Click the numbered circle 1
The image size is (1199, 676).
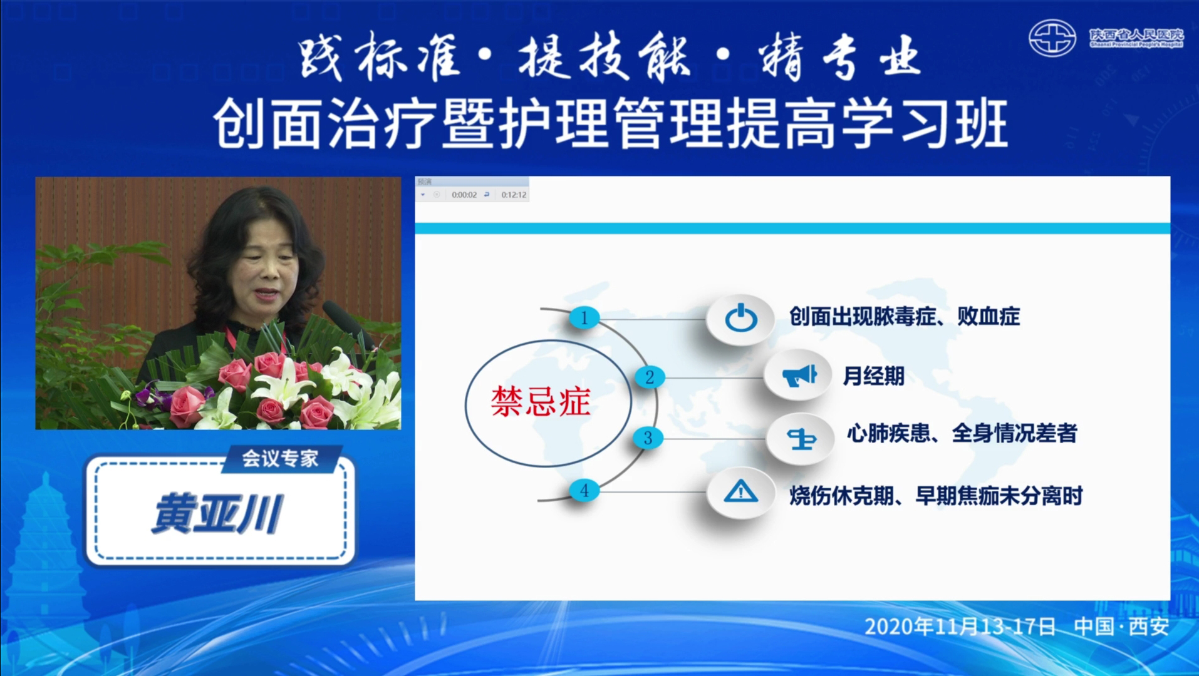coord(584,317)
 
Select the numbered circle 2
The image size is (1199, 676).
coord(650,377)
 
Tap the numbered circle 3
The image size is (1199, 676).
coord(648,438)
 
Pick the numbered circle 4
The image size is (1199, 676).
coord(584,490)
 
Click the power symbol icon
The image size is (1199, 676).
coord(740,318)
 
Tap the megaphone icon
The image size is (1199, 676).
coord(799,376)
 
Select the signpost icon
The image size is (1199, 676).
coord(802,439)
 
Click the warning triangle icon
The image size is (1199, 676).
coord(740,491)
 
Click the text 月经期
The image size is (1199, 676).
coord(874,376)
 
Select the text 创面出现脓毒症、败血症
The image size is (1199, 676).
coord(905,317)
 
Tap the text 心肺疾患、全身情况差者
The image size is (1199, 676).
coord(962,433)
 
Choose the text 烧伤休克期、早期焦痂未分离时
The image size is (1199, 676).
coord(936,496)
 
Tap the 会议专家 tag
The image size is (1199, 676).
coord(280,459)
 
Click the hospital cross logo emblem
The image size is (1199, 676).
coord(1052,38)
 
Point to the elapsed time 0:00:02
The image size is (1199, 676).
coord(464,195)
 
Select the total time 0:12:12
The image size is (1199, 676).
coord(514,195)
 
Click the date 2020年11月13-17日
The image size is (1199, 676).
coord(960,626)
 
